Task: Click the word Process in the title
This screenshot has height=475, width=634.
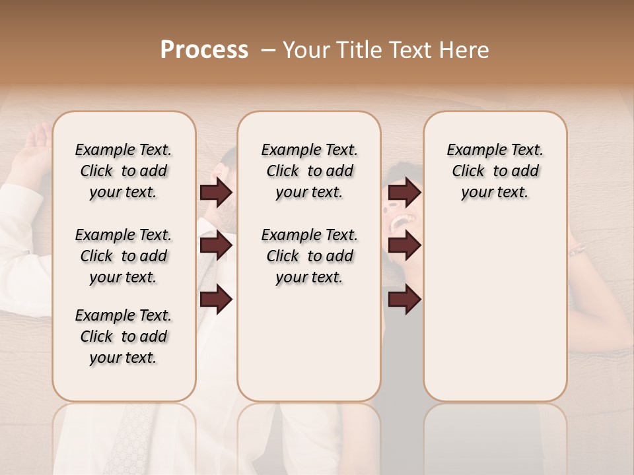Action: click(x=203, y=50)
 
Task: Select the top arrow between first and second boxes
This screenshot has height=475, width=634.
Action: click(x=216, y=193)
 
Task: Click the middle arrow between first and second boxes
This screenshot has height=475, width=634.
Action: click(x=216, y=246)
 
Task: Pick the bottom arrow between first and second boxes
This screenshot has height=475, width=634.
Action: click(x=216, y=300)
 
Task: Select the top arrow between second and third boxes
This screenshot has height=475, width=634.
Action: click(x=404, y=193)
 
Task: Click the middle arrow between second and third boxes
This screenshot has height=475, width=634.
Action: click(x=404, y=246)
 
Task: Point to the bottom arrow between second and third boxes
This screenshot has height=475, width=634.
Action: click(x=404, y=300)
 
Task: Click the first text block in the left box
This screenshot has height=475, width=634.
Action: click(x=123, y=171)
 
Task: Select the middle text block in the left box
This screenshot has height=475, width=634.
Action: click(x=123, y=256)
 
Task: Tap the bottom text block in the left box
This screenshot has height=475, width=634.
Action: click(x=123, y=336)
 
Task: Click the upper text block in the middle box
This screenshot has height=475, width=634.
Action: click(x=309, y=171)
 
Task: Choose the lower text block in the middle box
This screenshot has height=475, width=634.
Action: click(x=309, y=256)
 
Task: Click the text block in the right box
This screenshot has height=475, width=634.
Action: click(x=495, y=171)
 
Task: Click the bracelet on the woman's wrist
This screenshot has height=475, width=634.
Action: click(x=578, y=250)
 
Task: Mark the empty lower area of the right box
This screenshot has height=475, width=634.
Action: click(x=495, y=317)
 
